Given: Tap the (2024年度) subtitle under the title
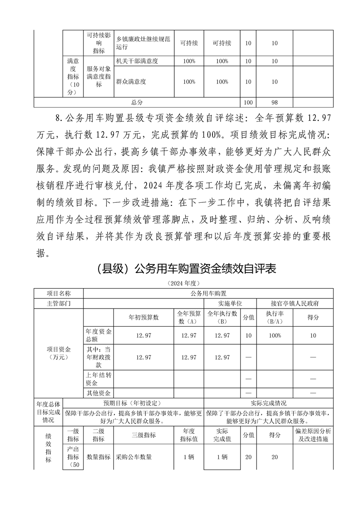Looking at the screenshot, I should [180, 283].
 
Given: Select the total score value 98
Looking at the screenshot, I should [274, 103].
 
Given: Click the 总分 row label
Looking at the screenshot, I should [137, 103].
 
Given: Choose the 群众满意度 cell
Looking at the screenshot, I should [131, 82].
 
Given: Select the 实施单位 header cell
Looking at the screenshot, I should [231, 303].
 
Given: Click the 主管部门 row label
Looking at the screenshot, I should [59, 303].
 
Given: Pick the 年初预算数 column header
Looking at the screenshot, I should [143, 318].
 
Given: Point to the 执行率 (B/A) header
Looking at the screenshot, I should [275, 318].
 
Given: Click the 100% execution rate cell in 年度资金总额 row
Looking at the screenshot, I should [275, 335].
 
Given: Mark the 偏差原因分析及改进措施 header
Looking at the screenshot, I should [313, 435].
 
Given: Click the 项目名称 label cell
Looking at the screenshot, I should [59, 294].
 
